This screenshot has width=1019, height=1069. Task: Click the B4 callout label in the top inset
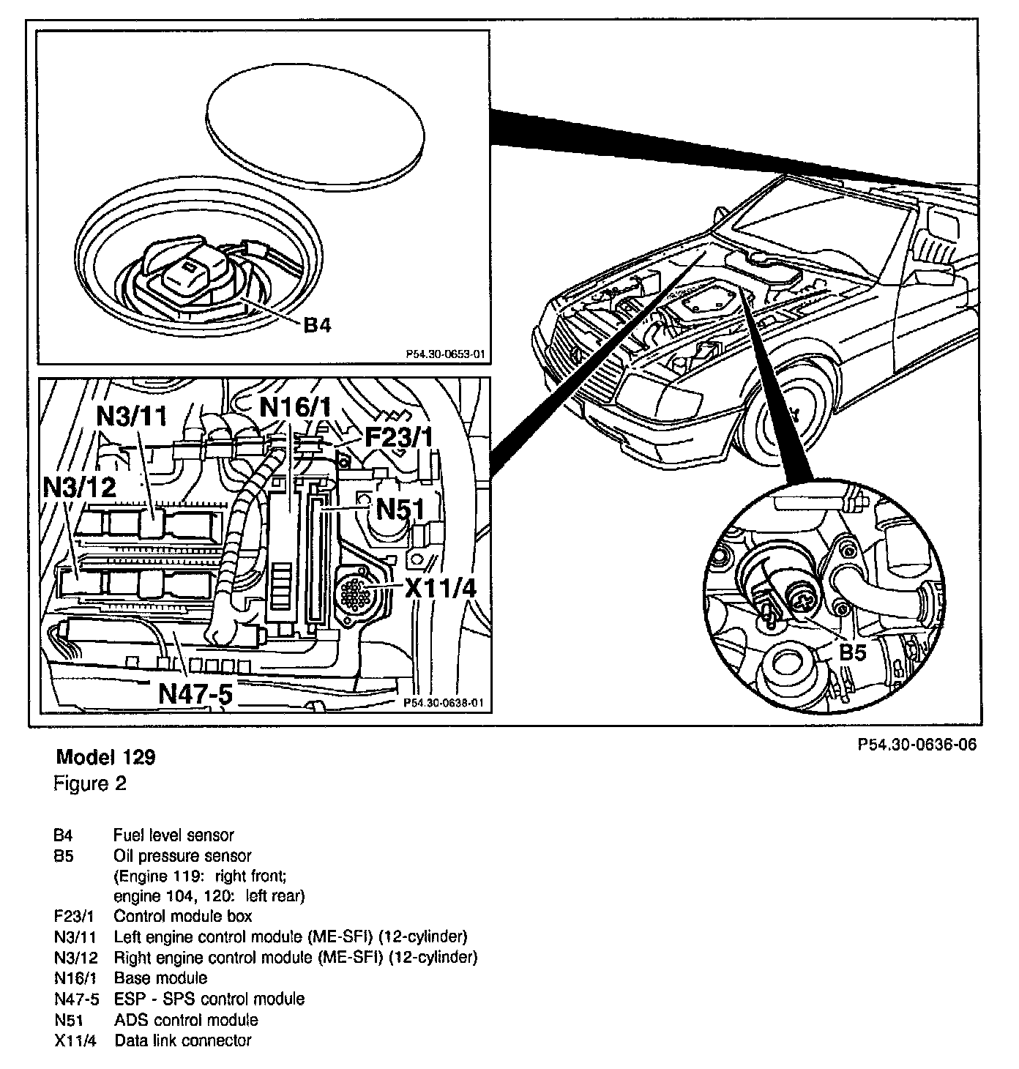[316, 324]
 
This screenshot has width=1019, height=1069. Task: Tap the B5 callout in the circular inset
[852, 651]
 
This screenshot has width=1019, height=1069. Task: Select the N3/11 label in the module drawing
[132, 417]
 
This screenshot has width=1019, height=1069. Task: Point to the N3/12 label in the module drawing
[80, 487]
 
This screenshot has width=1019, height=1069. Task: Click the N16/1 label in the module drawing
[296, 406]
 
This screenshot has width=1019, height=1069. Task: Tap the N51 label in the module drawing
[400, 507]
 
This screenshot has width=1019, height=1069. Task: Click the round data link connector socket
[357, 589]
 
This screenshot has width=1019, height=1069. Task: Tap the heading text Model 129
[105, 756]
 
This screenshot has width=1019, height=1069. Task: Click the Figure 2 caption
[90, 783]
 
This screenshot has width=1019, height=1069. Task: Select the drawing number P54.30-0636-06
[917, 745]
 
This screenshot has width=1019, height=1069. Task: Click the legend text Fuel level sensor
[173, 835]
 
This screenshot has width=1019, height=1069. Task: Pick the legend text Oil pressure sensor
[182, 855]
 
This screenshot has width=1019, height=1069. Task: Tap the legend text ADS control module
[186, 1019]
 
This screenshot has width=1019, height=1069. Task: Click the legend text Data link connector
[183, 1040]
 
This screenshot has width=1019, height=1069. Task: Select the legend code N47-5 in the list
[76, 999]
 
